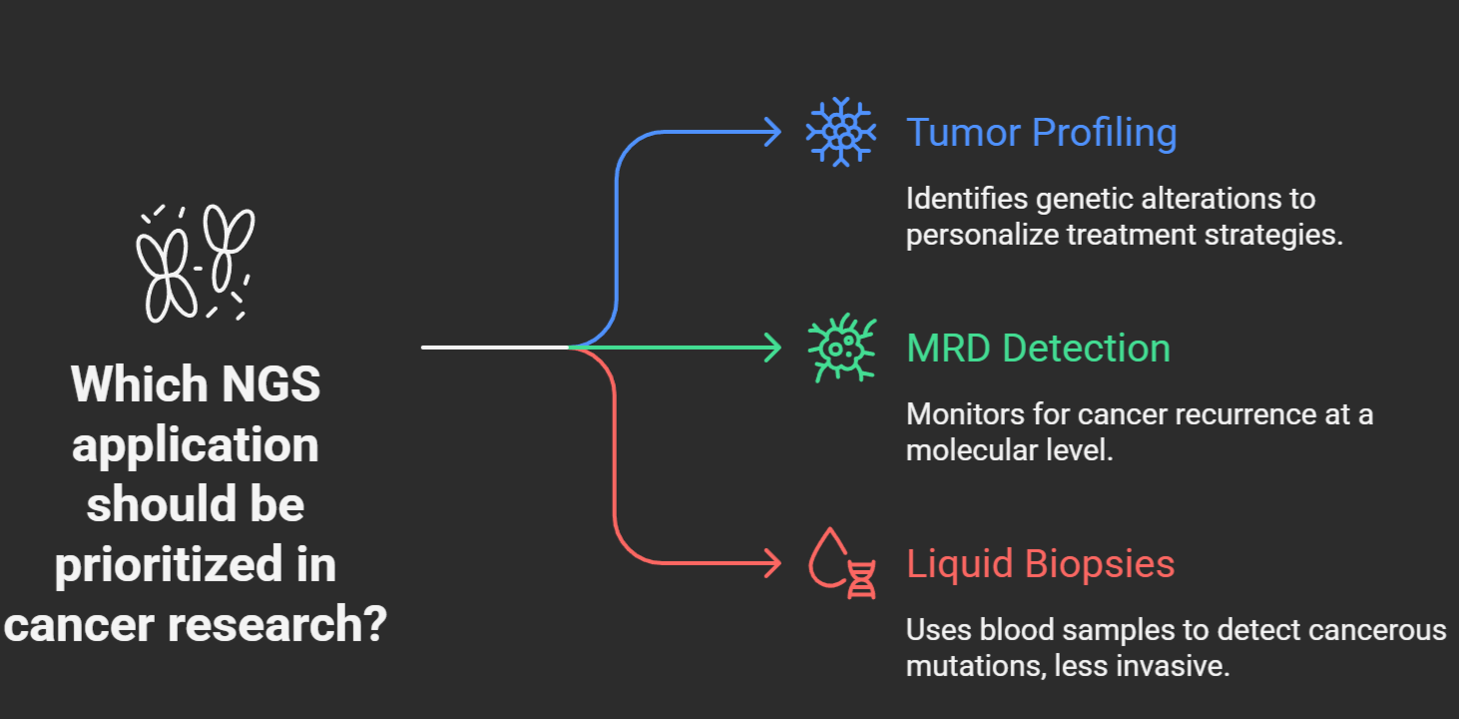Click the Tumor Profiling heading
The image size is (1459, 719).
point(1041,133)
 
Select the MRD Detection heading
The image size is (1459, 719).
point(1038,349)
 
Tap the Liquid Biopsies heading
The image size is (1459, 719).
point(1040,564)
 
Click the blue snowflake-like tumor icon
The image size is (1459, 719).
point(841,132)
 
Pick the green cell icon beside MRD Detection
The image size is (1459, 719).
point(841,348)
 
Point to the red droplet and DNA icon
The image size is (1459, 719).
point(842,564)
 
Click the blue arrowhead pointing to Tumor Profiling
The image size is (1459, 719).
point(771,132)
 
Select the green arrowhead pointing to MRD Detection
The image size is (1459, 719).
point(771,348)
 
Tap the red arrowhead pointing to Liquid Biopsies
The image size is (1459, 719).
point(771,564)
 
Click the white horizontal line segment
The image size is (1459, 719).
point(495,348)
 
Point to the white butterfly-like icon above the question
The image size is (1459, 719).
point(196,263)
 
